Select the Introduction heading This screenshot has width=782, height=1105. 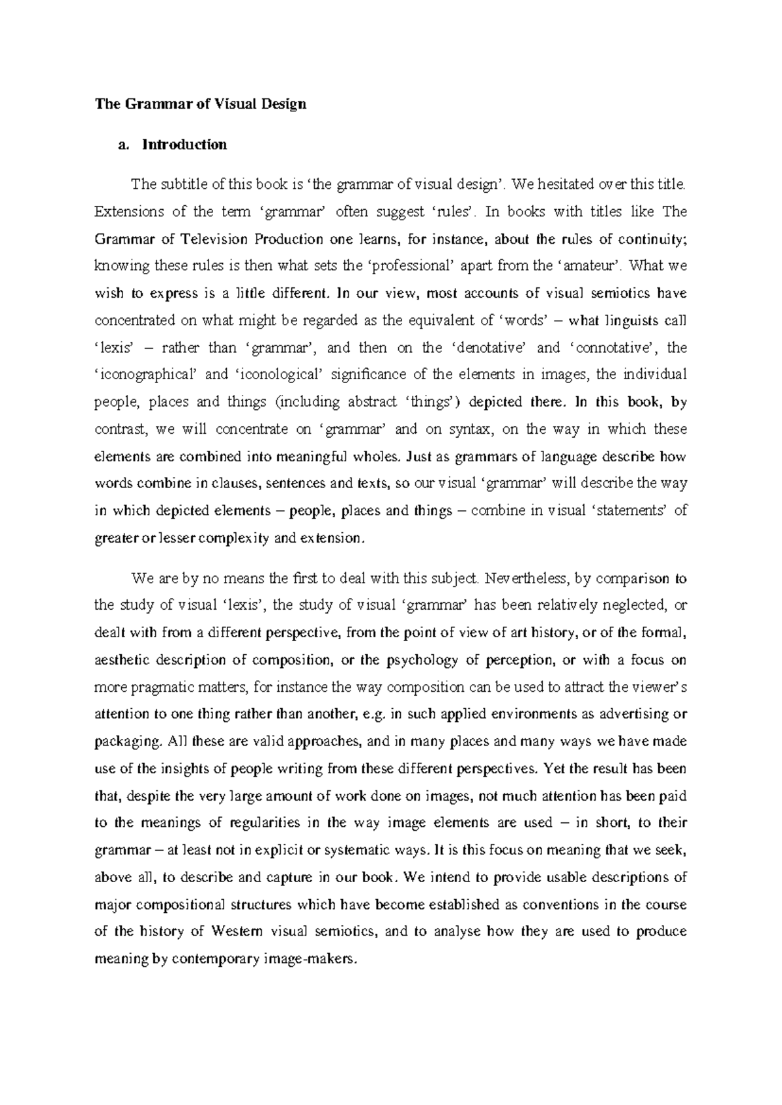pos(184,145)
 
